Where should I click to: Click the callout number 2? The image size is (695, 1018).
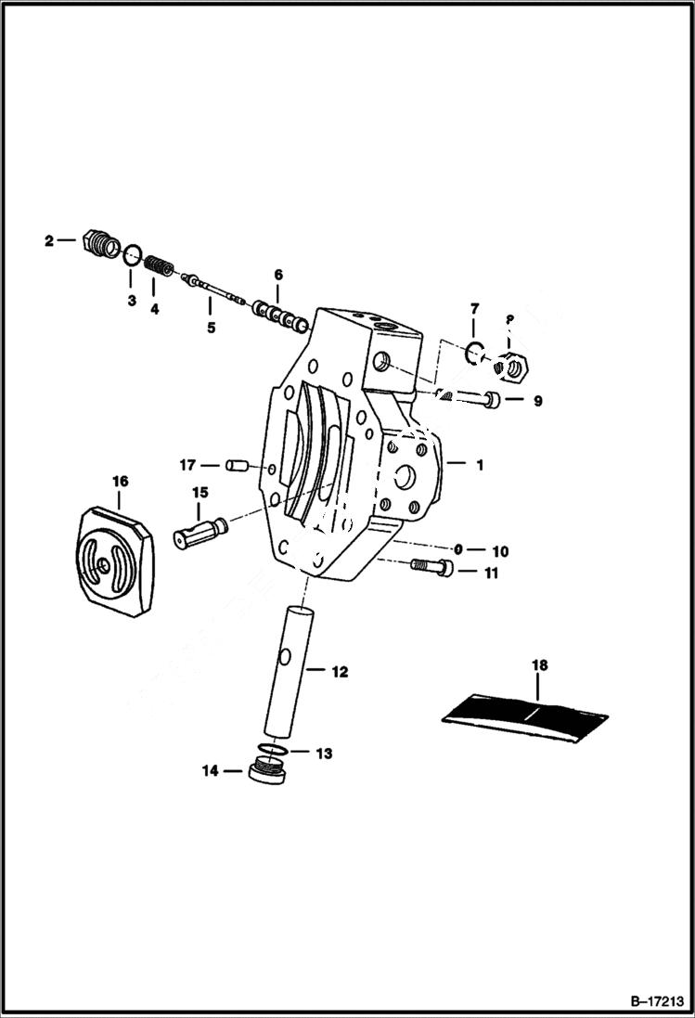[48, 240]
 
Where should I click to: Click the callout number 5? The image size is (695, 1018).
[211, 327]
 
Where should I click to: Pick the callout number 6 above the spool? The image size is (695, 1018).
[277, 275]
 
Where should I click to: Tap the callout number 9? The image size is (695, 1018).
[537, 402]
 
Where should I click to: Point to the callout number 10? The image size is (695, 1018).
[501, 551]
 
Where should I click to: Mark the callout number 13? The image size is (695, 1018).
[325, 754]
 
